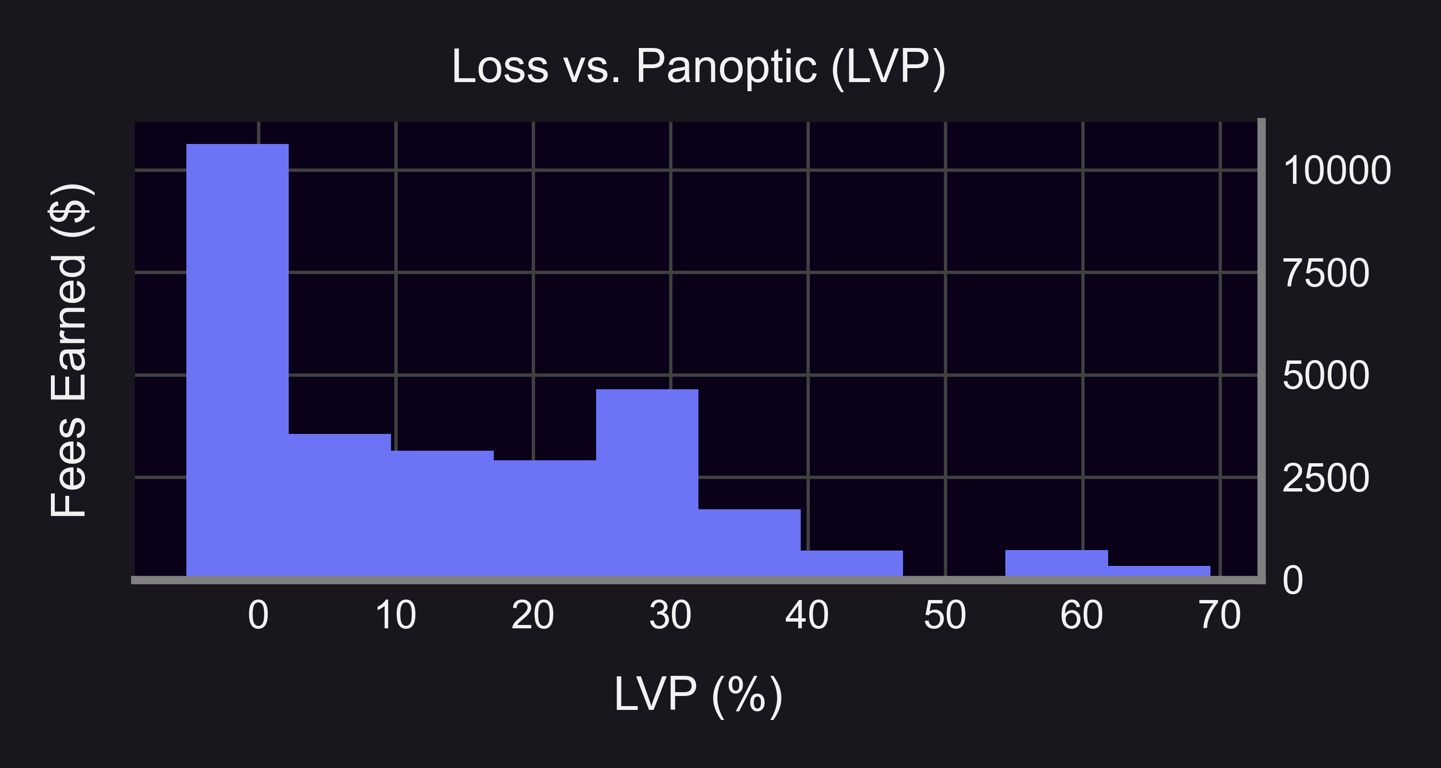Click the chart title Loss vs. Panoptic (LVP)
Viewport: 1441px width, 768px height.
pyautogui.click(x=698, y=67)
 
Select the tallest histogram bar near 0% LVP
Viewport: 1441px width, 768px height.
pyautogui.click(x=237, y=358)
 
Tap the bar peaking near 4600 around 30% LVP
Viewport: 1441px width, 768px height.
pyautogui.click(x=647, y=480)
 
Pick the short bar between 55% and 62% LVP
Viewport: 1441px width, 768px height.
pyautogui.click(x=1056, y=564)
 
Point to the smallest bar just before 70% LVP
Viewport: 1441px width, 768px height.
pyautogui.click(x=1159, y=571)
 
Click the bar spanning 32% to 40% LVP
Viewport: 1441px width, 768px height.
pyautogui.click(x=750, y=542)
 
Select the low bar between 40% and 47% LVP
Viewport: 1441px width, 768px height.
pyautogui.click(x=852, y=564)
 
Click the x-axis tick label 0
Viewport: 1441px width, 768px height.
pyautogui.click(x=258, y=615)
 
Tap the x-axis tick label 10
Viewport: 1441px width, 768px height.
pyautogui.click(x=395, y=615)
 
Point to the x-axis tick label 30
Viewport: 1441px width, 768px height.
pyautogui.click(x=670, y=615)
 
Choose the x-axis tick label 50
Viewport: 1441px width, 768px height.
pyautogui.click(x=945, y=615)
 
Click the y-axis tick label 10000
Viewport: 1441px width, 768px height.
pyautogui.click(x=1336, y=170)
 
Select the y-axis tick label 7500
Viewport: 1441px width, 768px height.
pyautogui.click(x=1326, y=273)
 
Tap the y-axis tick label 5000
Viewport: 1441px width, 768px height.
pyautogui.click(x=1326, y=375)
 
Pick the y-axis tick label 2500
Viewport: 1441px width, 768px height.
pyautogui.click(x=1326, y=478)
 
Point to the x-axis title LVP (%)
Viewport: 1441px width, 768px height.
pyautogui.click(x=698, y=694)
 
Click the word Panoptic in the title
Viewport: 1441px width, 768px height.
pyautogui.click(x=726, y=67)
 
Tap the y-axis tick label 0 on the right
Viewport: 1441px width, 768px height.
pyautogui.click(x=1293, y=580)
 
